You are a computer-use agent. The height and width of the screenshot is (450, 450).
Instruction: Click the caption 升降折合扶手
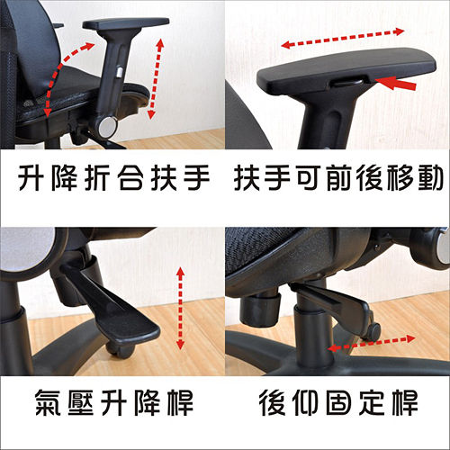pyautogui.click(x=114, y=177)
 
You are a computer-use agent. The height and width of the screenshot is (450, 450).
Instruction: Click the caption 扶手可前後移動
pyautogui.click(x=338, y=177)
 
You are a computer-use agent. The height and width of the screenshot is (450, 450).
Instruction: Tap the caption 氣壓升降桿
pyautogui.click(x=114, y=402)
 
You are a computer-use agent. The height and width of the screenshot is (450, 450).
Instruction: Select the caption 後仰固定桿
pyautogui.click(x=338, y=402)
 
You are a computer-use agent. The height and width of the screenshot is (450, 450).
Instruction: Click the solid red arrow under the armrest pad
pyautogui.click(x=395, y=84)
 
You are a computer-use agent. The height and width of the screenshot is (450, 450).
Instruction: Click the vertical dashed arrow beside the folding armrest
pyautogui.click(x=156, y=78)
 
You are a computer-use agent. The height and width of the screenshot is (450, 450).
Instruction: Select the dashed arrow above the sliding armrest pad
pyautogui.click(x=343, y=38)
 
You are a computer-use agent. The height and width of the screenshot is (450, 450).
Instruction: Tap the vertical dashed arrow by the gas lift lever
pyautogui.click(x=180, y=308)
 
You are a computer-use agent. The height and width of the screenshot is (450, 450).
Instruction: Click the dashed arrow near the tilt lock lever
pyautogui.click(x=371, y=344)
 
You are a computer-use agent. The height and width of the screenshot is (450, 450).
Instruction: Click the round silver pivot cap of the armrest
pyautogui.click(x=107, y=127)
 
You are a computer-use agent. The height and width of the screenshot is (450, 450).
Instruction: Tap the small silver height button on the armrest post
pyautogui.click(x=120, y=72)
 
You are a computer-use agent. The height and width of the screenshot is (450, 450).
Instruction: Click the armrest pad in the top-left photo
pyautogui.click(x=126, y=23)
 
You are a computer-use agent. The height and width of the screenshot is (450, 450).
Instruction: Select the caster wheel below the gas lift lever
pyautogui.click(x=120, y=349)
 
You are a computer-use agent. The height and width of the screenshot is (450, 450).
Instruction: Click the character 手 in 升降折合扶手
pyautogui.click(x=196, y=177)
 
